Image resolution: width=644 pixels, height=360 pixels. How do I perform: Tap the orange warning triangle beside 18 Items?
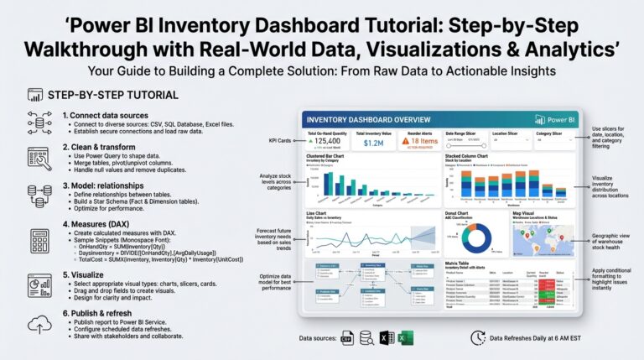click(x=405, y=143)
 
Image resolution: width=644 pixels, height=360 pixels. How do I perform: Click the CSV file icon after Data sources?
click(x=346, y=337)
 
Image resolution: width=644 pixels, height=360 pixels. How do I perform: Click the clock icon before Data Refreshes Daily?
click(x=477, y=337)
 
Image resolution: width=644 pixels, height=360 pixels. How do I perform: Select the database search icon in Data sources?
click(x=366, y=337)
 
